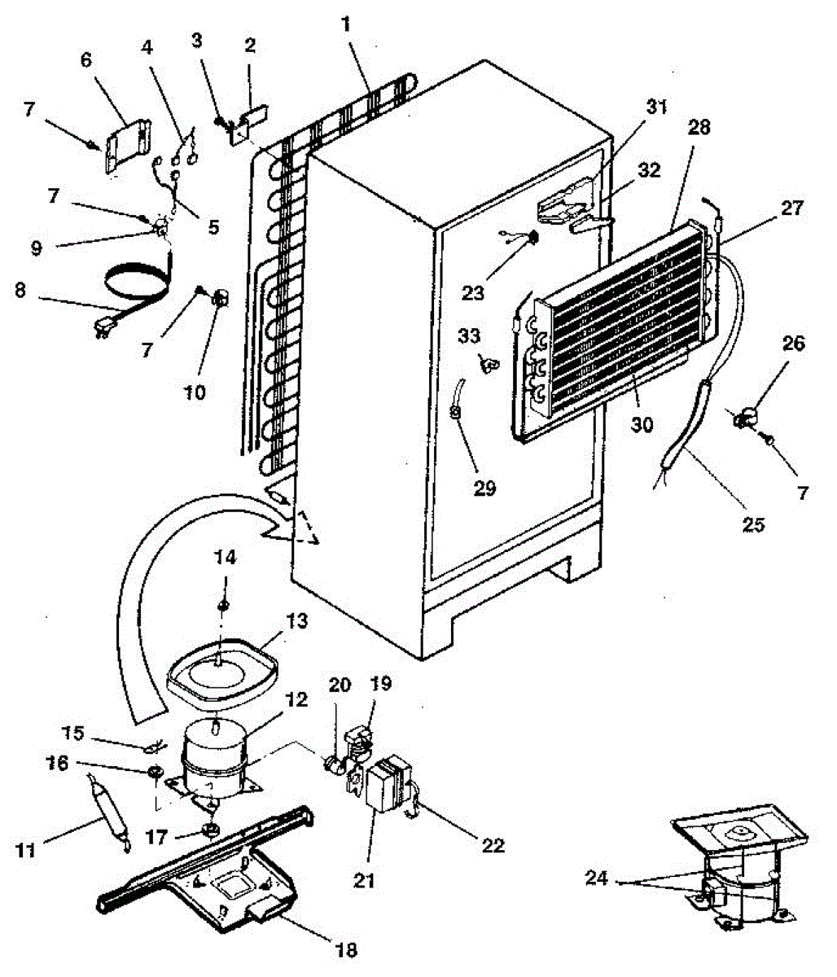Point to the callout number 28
coord(699,127)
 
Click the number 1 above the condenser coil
coord(347,24)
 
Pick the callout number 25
coord(754,524)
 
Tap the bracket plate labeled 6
coord(129,143)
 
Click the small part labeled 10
coord(220,300)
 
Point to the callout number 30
coord(643,424)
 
